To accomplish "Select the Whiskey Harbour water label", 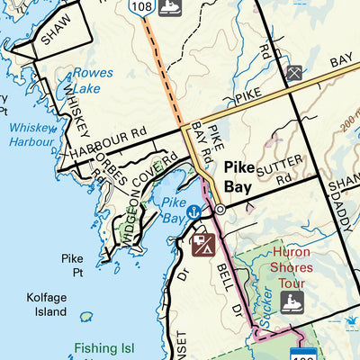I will pyautogui.click(x=32, y=134).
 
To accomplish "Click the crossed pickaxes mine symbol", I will pyautogui.click(x=293, y=73).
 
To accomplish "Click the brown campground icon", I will pyautogui.click(x=202, y=243).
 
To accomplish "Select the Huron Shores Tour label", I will pyautogui.click(x=291, y=267).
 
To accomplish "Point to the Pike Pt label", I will pyautogui.click(x=72, y=265).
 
